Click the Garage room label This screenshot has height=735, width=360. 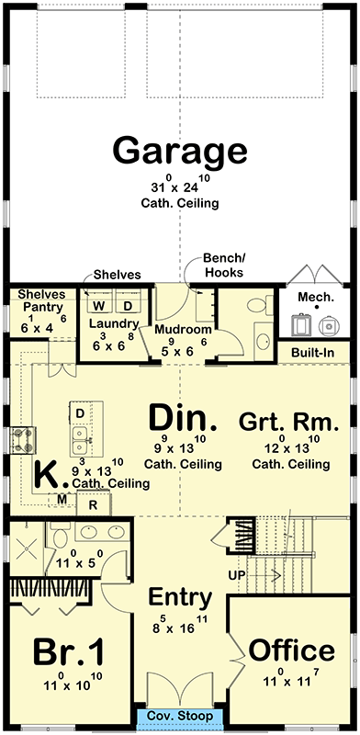coord(180,149)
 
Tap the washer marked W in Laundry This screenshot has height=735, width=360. coord(99,305)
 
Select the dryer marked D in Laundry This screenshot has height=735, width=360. coord(128,305)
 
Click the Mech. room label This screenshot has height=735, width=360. coord(316,298)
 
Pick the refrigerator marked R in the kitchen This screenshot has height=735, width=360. coord(93,503)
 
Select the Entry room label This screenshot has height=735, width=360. coord(181,597)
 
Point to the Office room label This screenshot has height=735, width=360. coord(291,650)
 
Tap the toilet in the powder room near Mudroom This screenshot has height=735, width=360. coord(260,305)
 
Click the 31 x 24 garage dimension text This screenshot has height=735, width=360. coord(180,187)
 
